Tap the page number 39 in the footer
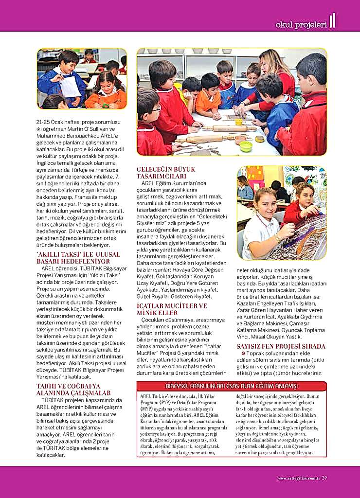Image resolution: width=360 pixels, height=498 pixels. [324, 478]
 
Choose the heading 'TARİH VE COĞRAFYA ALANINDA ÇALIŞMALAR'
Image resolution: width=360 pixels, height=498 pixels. [73, 390]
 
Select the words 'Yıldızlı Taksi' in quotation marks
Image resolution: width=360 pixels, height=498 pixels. [104, 274]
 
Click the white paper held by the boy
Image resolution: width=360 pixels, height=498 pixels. [71, 86]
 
